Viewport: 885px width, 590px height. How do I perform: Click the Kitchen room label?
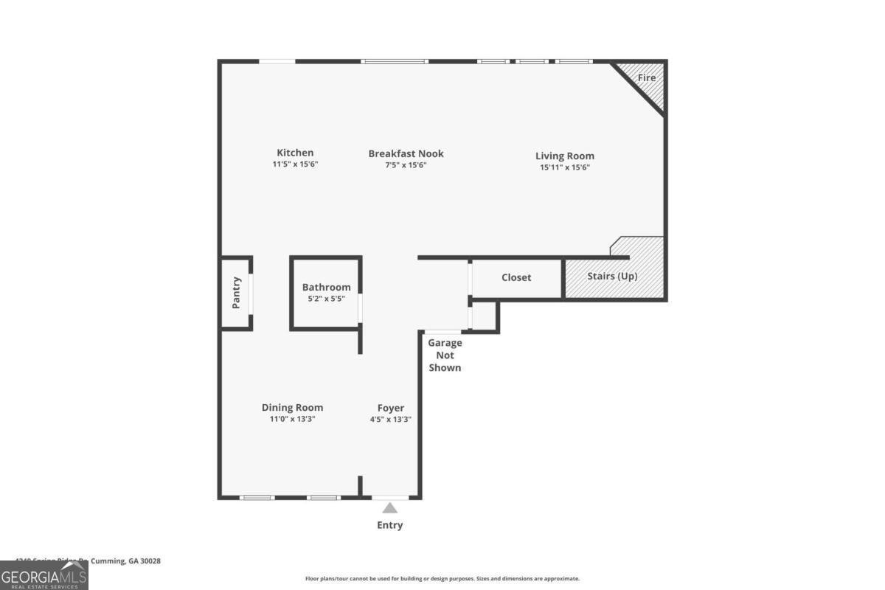[295, 153]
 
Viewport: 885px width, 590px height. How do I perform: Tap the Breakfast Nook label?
[406, 153]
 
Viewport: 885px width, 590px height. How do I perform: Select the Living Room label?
[564, 156]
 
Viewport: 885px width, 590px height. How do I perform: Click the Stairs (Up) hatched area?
[612, 277]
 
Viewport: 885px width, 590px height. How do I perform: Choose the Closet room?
[516, 277]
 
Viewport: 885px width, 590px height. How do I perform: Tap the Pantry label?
[237, 292]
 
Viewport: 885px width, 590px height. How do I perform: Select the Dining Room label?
[292, 407]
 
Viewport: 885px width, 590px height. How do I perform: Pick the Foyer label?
[390, 407]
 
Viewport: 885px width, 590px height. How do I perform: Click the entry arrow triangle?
[390, 507]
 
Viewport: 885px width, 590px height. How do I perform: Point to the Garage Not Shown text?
[445, 355]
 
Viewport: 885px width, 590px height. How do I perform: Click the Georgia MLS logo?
[44, 575]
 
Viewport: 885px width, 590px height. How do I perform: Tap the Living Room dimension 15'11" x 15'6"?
[564, 167]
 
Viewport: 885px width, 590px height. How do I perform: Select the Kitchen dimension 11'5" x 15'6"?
[295, 164]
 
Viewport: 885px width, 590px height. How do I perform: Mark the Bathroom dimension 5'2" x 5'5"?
[326, 299]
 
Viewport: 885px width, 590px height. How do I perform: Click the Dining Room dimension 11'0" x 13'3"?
[292, 419]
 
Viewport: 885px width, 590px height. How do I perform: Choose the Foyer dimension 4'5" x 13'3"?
[390, 419]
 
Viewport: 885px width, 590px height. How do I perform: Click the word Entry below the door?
[390, 525]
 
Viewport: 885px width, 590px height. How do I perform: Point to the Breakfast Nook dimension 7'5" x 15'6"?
[406, 165]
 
